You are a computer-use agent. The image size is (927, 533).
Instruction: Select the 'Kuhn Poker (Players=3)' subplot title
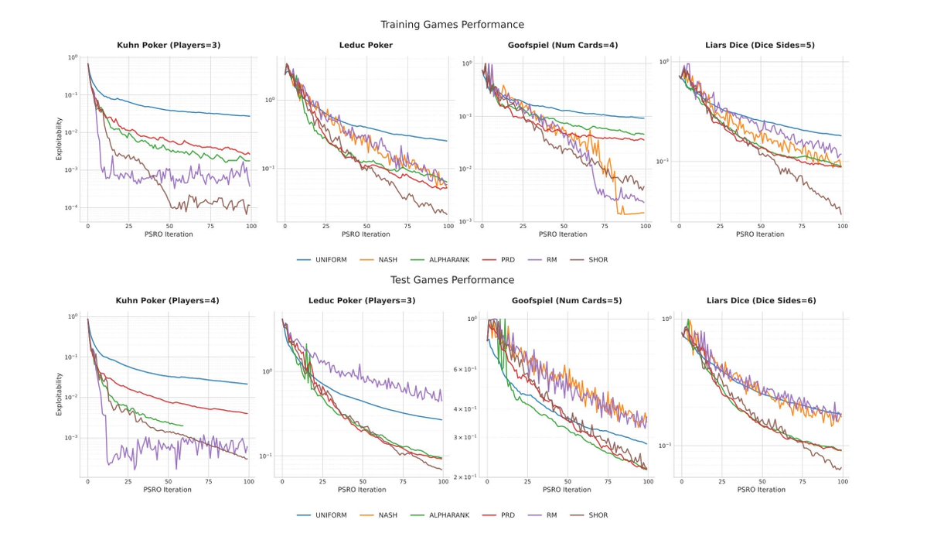pyautogui.click(x=167, y=46)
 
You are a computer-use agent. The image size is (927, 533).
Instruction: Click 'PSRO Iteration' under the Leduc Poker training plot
pyautogui.click(x=362, y=234)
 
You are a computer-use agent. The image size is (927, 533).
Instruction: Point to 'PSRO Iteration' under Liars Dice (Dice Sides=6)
pyautogui.click(x=761, y=490)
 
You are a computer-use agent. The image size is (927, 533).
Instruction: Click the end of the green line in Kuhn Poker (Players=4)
pyautogui.click(x=183, y=425)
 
